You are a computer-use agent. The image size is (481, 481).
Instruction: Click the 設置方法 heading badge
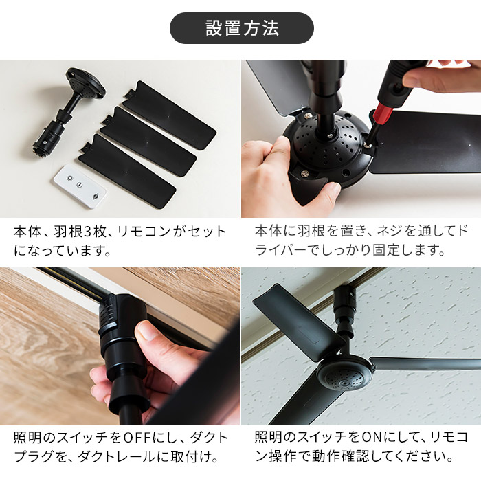click(x=241, y=28)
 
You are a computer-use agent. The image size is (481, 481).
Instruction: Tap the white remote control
click(x=80, y=186)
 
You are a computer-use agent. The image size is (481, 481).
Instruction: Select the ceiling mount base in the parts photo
click(x=85, y=84)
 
